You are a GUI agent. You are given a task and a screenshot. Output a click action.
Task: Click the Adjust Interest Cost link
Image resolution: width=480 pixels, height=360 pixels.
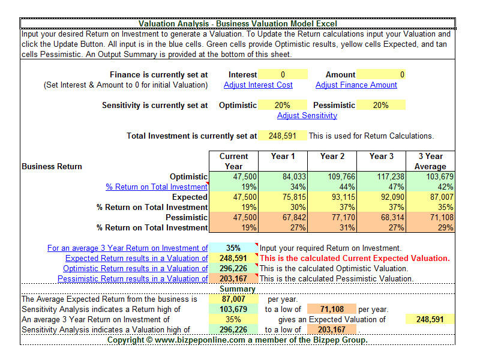(x=258, y=85)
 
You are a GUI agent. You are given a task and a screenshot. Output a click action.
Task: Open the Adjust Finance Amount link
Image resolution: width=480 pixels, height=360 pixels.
(x=356, y=85)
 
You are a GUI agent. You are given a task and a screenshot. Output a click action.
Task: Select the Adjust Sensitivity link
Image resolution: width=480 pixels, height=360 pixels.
(x=307, y=115)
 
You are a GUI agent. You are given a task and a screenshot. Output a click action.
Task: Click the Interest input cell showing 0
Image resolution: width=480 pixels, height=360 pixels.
(x=283, y=75)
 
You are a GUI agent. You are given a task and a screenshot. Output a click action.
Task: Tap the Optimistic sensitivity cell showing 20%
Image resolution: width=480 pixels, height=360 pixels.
(x=283, y=105)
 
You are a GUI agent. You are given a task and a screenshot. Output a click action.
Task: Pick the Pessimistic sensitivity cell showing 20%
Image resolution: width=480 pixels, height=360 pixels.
(x=380, y=105)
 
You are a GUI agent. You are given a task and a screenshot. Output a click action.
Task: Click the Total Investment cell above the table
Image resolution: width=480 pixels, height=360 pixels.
(x=283, y=136)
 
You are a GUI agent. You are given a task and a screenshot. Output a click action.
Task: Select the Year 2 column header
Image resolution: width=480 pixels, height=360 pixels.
(x=332, y=157)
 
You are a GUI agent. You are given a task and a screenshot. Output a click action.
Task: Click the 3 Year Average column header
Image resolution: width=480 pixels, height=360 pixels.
(x=430, y=161)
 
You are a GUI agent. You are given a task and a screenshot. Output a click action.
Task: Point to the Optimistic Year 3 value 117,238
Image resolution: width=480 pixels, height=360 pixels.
(x=380, y=177)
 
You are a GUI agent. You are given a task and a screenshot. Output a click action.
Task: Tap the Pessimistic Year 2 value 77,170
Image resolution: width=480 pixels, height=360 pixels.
(x=332, y=217)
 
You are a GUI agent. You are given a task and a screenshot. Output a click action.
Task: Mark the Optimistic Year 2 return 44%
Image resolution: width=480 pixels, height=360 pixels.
(x=332, y=187)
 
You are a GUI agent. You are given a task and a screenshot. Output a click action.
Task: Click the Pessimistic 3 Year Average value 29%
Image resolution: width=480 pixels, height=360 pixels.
(x=430, y=227)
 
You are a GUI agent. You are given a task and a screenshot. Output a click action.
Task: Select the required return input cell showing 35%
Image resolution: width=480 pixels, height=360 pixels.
(x=233, y=248)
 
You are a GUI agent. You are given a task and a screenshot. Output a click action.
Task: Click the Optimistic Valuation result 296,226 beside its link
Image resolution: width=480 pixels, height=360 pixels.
(x=233, y=269)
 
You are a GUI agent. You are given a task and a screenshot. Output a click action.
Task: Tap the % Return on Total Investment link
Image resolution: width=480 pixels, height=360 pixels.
(x=157, y=187)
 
